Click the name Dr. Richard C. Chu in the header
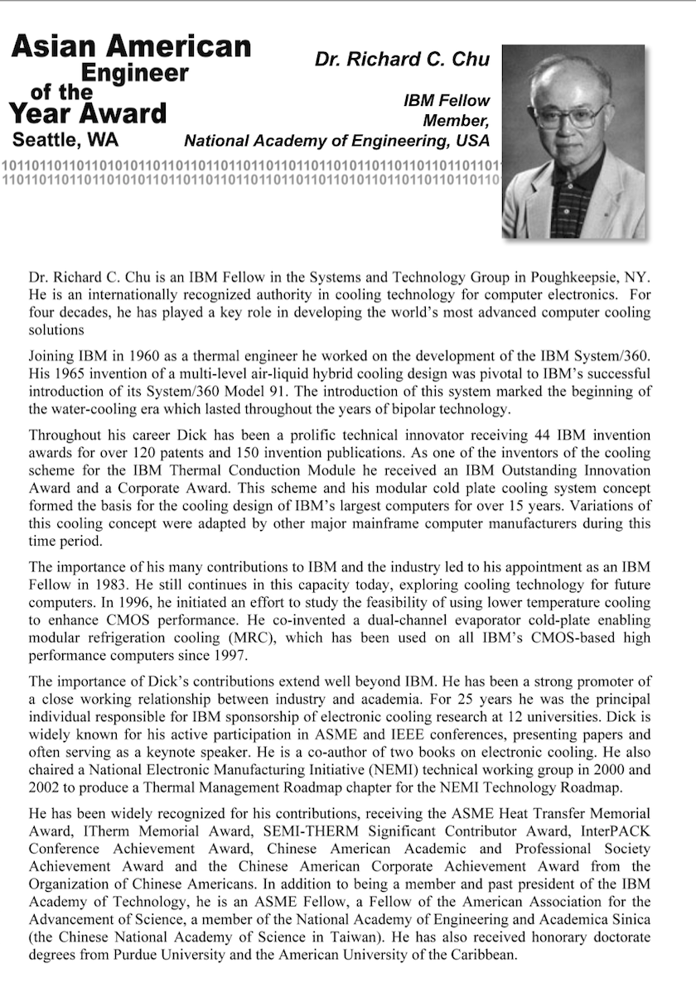point(402,60)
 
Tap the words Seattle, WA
point(65,138)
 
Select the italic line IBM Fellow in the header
point(447,101)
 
